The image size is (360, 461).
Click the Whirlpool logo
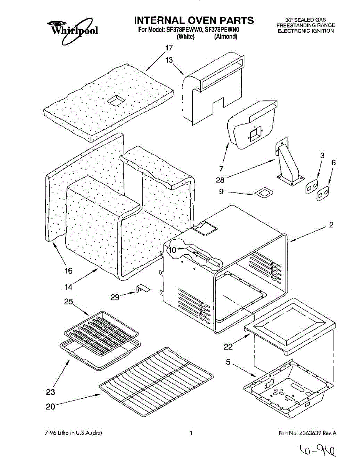(x=73, y=31)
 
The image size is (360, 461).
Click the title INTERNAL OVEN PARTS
(x=194, y=20)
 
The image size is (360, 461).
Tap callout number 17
(x=169, y=48)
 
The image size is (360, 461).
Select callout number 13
(x=169, y=60)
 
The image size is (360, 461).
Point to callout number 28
(x=220, y=180)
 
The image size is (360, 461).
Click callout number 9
(x=221, y=192)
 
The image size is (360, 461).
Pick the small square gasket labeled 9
(x=264, y=193)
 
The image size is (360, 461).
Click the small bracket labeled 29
(x=143, y=289)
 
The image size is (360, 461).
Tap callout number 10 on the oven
(x=173, y=250)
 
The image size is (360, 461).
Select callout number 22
(x=228, y=347)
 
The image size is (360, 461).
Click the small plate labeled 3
(x=312, y=186)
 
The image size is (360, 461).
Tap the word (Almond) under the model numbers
(x=226, y=37)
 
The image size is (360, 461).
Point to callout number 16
(x=69, y=271)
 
